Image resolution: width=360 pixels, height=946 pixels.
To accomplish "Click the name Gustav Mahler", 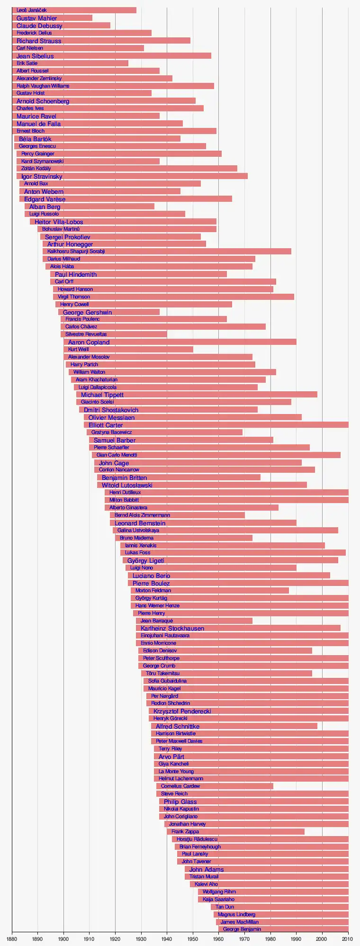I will coord(36,18).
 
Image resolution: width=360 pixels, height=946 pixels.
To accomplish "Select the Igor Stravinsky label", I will coord(42,176).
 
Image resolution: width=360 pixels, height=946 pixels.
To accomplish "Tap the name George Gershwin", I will coord(87,312).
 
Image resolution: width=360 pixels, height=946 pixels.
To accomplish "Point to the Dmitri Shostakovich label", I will coord(111,410).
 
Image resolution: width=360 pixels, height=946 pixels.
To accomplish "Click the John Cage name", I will coord(114,463).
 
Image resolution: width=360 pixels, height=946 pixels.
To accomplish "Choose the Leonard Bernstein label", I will coord(140,523).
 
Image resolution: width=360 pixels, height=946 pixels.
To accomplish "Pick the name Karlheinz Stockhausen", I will coord(172,628).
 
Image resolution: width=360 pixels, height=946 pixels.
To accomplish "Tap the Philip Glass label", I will coord(180,802).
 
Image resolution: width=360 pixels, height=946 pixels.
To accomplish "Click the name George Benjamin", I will coord(242,929).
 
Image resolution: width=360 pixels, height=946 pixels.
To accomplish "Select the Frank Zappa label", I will coord(185,831).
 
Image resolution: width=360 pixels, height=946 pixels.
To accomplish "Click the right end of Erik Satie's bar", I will coord(128,63).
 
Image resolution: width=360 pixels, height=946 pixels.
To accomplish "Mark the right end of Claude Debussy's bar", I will coord(110,26).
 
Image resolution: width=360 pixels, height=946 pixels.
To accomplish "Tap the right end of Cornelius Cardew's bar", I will coord(273,786).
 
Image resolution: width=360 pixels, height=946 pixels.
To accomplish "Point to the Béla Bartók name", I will coord(35,139).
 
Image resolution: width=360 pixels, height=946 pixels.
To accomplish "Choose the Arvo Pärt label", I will coord(171,757).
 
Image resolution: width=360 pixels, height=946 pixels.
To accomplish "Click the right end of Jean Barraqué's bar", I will coord(252,621).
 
